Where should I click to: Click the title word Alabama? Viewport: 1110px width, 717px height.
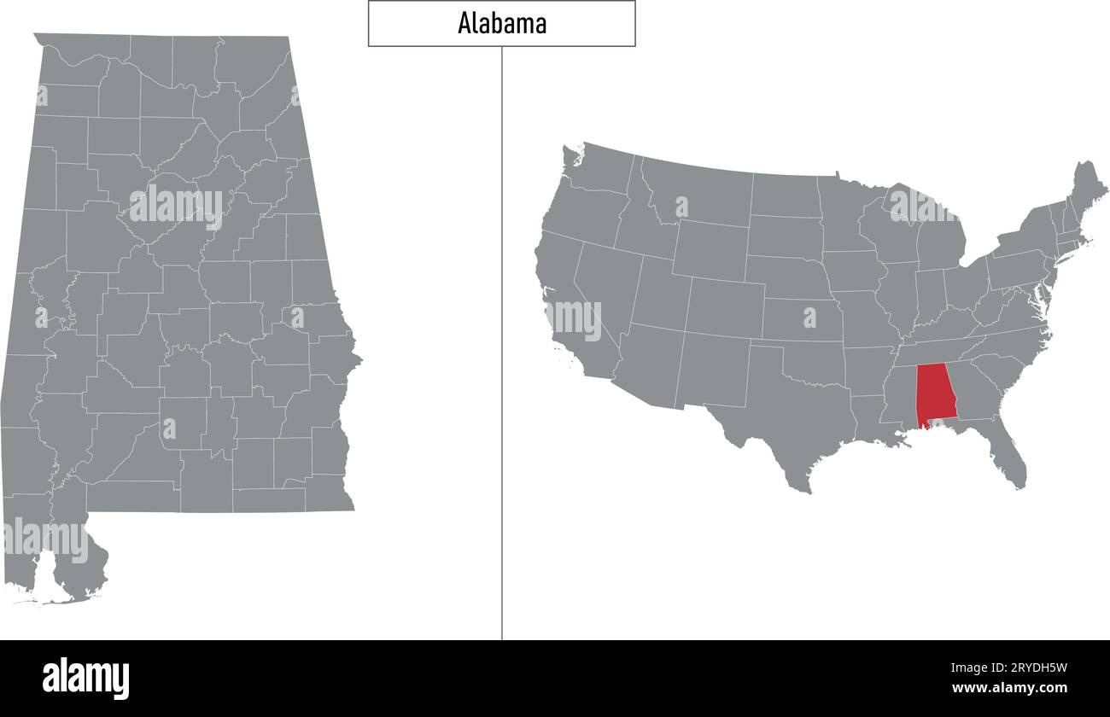(502, 24)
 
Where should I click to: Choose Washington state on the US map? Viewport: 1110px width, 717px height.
(598, 175)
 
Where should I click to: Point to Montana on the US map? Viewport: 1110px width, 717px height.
(696, 192)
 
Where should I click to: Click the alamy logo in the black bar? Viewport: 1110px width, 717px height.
(85, 678)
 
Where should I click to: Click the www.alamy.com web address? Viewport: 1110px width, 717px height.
(1009, 688)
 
